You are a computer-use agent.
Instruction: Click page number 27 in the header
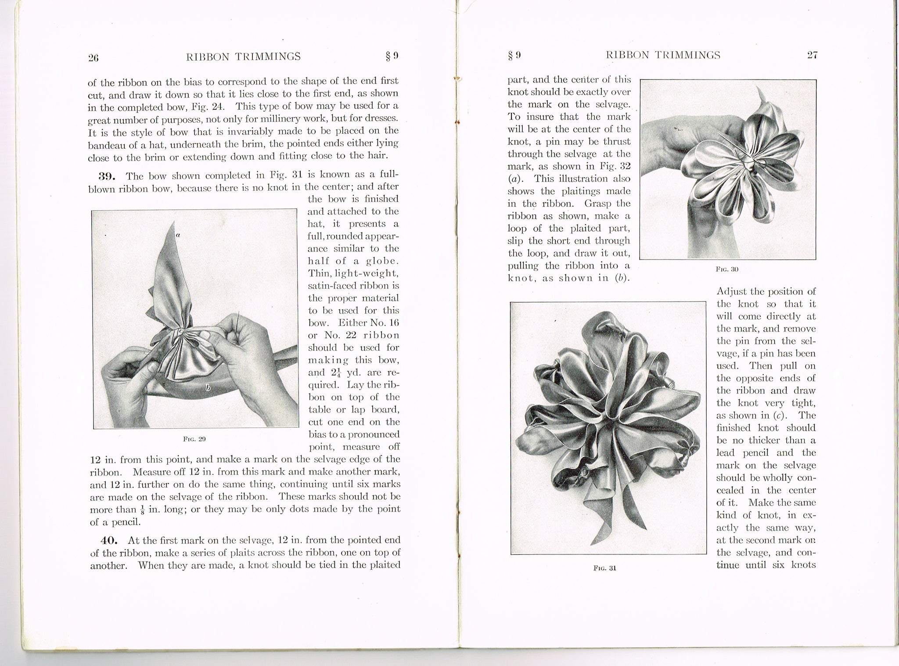812,55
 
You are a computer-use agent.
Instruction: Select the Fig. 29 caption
194,438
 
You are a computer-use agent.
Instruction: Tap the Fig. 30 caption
727,269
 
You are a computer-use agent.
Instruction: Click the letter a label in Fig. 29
178,236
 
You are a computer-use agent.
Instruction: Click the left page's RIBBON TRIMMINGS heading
244,56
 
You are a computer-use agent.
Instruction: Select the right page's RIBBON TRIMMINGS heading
663,55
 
